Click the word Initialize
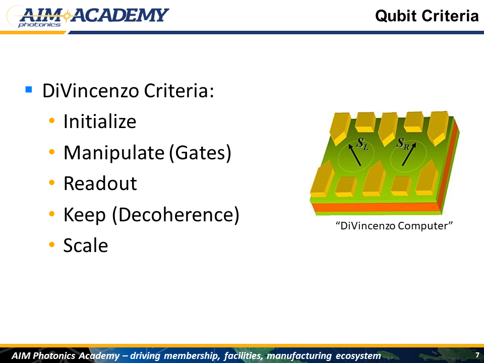coord(100,122)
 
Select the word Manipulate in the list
coord(114,153)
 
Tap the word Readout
coord(100,184)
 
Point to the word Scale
coord(86,246)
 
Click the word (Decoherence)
coord(175,215)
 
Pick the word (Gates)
coord(200,153)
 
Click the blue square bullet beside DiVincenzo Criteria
coord(29,90)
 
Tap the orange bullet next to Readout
coord(51,183)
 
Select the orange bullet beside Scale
coord(51,245)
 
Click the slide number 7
coord(477,355)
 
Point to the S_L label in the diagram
coord(362,144)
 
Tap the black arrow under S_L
coord(354,155)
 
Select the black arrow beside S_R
coord(409,154)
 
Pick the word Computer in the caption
coord(425,226)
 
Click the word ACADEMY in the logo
coord(120,15)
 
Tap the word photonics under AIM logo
coord(39,25)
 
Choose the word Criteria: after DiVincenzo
coord(179,91)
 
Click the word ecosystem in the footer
coord(358,355)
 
